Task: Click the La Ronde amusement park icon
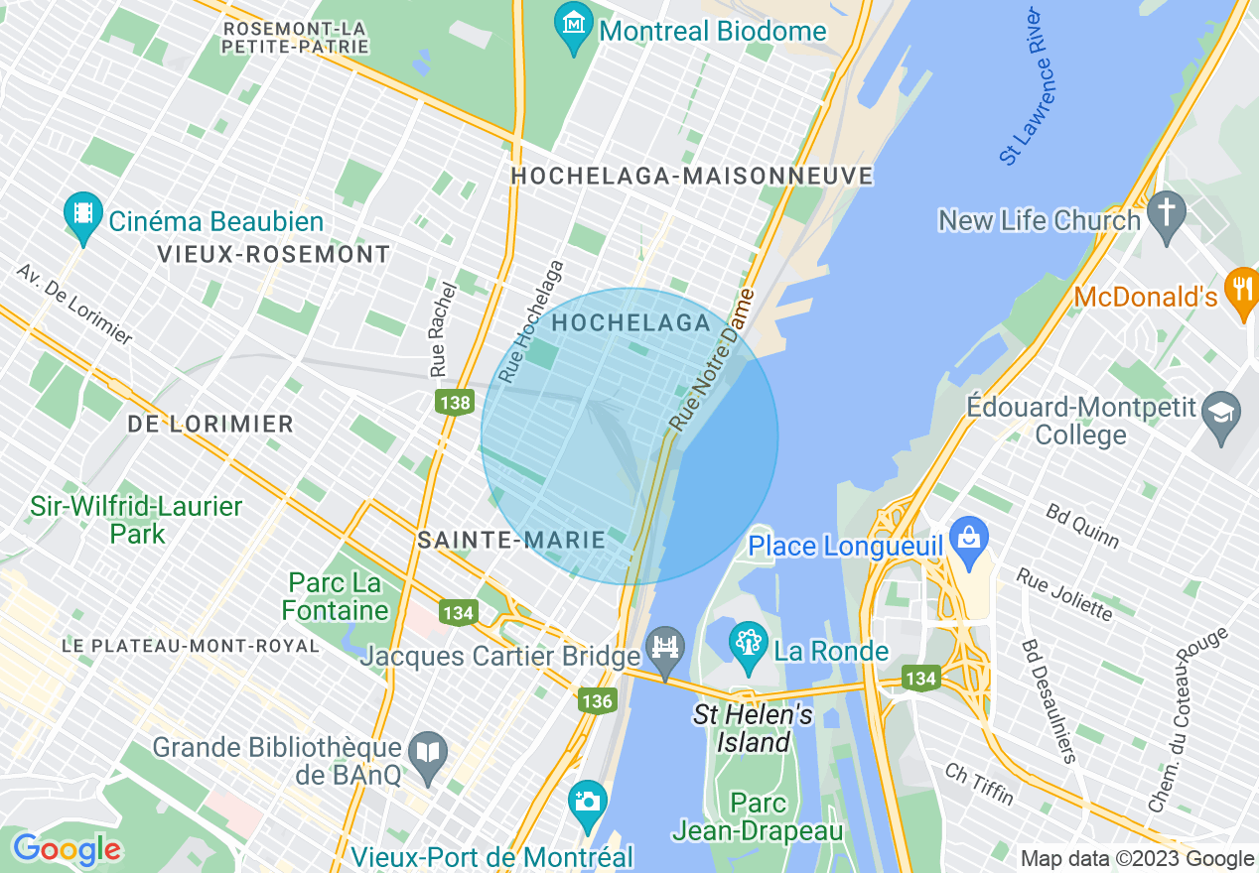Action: (749, 644)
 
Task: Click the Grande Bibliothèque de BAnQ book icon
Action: (428, 755)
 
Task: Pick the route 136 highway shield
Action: (597, 700)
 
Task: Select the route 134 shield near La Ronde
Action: (921, 678)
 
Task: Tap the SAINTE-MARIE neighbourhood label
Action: (511, 540)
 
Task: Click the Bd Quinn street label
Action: (1081, 526)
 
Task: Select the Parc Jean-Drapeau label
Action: (758, 816)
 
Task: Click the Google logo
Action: (67, 849)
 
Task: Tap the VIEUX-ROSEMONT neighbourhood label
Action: (273, 254)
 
